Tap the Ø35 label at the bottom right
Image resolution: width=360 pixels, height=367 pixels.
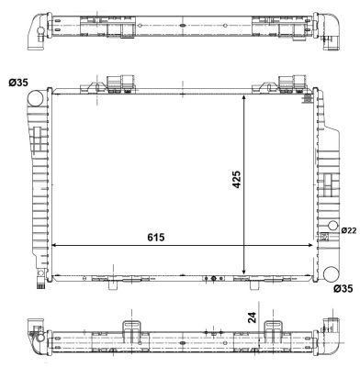[343, 289]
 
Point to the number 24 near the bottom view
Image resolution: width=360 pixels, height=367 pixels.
[252, 318]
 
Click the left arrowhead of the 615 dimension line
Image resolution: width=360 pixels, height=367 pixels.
[53, 246]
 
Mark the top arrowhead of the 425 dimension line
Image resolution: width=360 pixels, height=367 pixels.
[244, 95]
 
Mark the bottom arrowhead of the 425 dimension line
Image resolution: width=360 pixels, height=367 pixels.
[244, 272]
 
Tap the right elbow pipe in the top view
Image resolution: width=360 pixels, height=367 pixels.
[328, 28]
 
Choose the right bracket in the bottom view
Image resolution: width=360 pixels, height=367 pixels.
[273, 331]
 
